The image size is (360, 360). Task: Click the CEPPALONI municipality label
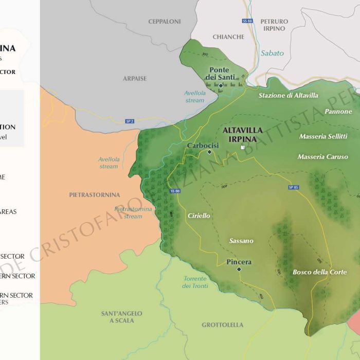pyautogui.click(x=164, y=22)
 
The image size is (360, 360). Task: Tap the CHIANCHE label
pyautogui.click(x=228, y=37)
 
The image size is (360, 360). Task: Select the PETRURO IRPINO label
pyautogui.click(x=274, y=25)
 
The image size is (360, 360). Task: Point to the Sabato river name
pyautogui.click(x=272, y=53)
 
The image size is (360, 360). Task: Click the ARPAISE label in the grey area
pyautogui.click(x=134, y=79)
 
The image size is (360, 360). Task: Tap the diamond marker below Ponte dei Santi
pyautogui.click(x=221, y=85)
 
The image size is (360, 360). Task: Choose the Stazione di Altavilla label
pyautogui.click(x=288, y=96)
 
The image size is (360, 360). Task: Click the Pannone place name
pyautogui.click(x=338, y=112)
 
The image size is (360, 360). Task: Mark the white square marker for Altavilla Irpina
pyautogui.click(x=242, y=148)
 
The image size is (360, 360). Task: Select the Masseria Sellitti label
pyautogui.click(x=323, y=136)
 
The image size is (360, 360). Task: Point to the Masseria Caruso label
pyautogui.click(x=322, y=157)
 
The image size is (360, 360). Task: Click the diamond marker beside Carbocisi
pyautogui.click(x=209, y=152)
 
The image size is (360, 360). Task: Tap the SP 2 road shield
pyautogui.click(x=130, y=121)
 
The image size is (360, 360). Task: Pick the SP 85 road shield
pyautogui.click(x=294, y=187)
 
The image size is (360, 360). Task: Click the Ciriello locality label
pyautogui.click(x=199, y=216)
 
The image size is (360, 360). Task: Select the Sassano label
pyautogui.click(x=241, y=241)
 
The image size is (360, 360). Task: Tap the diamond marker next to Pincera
pyautogui.click(x=239, y=269)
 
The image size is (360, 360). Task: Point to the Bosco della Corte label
pyautogui.click(x=319, y=272)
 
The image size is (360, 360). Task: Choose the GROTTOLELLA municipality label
pyautogui.click(x=222, y=325)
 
